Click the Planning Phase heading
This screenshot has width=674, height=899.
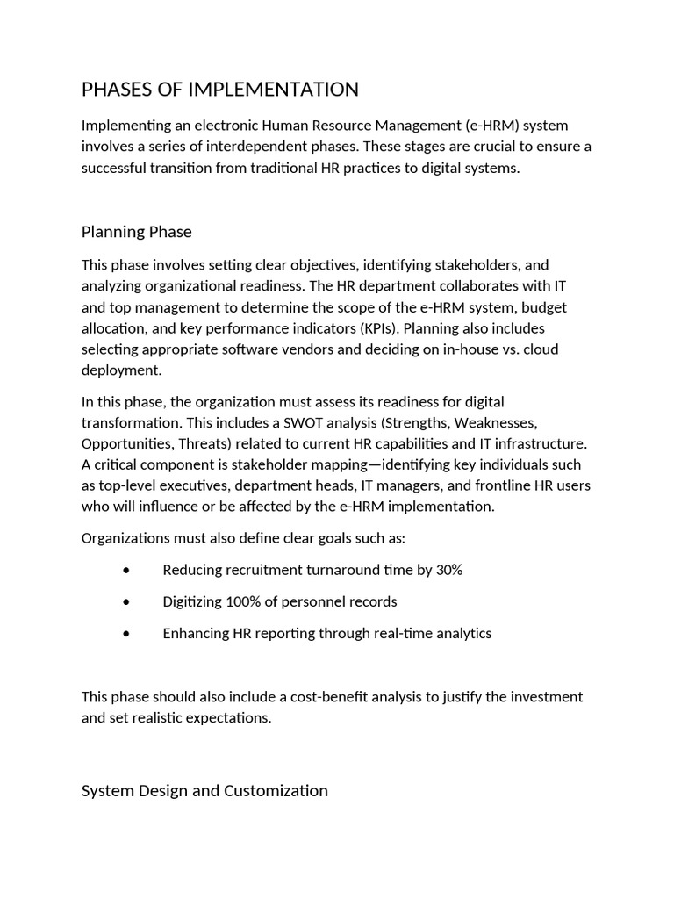136,232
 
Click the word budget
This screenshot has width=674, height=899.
545,307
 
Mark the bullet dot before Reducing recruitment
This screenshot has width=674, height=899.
127,571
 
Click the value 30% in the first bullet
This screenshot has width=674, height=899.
448,571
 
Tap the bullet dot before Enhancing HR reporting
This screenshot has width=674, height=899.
127,634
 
